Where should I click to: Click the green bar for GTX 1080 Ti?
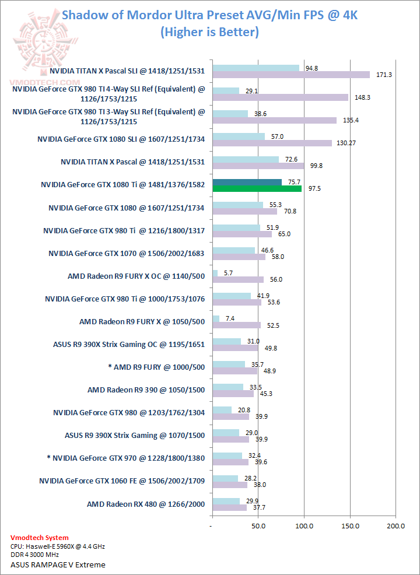point(257,188)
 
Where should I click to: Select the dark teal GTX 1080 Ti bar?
point(247,182)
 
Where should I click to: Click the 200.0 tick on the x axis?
point(395,526)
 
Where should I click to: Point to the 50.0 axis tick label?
point(258,526)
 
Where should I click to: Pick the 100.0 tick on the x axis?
point(304,526)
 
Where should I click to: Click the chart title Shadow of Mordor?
point(209,15)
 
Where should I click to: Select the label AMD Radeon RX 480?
point(146,504)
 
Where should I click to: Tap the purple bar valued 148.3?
point(281,97)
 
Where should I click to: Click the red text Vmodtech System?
point(40,538)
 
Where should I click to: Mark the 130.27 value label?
point(349,143)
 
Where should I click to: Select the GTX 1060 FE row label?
point(122,481)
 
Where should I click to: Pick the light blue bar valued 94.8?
point(256,68)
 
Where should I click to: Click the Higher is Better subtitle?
point(209,32)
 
